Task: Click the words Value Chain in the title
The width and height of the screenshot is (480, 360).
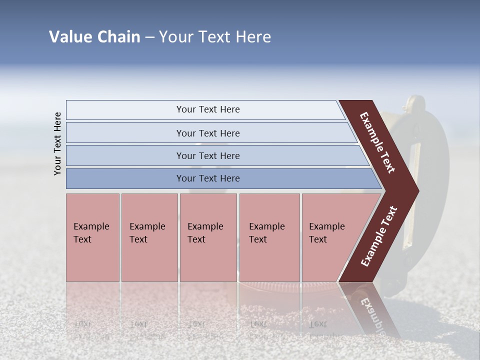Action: click(x=94, y=37)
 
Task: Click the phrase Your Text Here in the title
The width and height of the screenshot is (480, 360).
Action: click(x=215, y=37)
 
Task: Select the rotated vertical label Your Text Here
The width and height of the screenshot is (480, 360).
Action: click(x=57, y=143)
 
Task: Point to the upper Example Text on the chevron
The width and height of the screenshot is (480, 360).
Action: click(x=377, y=142)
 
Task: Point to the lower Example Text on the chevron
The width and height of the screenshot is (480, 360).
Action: click(x=379, y=236)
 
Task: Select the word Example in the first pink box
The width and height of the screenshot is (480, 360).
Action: click(x=91, y=226)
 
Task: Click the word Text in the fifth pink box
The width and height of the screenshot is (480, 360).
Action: click(x=318, y=239)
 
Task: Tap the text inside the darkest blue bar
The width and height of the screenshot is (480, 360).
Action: click(x=208, y=178)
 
